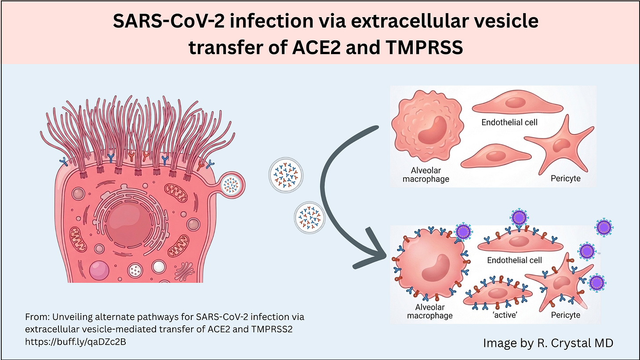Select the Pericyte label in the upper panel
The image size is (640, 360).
coord(565,178)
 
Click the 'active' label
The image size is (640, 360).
coord(497,315)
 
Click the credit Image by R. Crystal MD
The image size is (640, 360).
coord(548,342)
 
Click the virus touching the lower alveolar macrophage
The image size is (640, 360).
coord(463,231)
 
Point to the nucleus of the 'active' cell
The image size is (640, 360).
coord(496,293)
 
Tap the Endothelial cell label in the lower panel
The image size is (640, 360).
coord(514,260)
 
